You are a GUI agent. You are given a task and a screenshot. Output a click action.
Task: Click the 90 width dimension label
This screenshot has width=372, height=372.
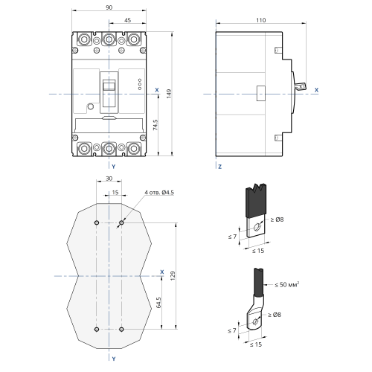point(109,7)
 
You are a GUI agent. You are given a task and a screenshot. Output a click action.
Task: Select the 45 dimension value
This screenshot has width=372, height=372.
point(127,20)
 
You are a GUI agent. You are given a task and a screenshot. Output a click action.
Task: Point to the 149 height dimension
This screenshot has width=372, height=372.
point(169,94)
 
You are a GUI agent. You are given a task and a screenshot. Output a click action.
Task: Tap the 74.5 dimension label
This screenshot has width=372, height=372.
point(155,125)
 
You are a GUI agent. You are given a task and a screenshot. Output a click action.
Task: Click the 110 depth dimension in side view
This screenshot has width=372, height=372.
point(261,20)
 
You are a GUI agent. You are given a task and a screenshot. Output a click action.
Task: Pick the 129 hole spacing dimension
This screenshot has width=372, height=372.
point(173,276)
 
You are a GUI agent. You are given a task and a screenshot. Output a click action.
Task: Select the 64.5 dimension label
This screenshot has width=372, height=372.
point(158,303)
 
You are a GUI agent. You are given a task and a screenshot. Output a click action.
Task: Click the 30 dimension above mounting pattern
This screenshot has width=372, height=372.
point(109,179)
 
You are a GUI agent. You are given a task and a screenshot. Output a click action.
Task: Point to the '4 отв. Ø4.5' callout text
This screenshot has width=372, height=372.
point(159,193)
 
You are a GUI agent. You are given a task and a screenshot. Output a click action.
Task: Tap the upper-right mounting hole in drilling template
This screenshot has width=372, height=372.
point(121,222)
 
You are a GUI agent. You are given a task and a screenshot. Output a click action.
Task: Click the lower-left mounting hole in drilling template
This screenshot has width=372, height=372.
point(97,330)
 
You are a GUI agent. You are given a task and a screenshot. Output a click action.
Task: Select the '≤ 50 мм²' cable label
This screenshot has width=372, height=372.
point(287,284)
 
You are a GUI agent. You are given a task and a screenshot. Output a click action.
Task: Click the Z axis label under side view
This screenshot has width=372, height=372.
point(219,167)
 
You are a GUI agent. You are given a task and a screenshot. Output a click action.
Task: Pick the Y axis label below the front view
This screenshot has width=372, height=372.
point(114,167)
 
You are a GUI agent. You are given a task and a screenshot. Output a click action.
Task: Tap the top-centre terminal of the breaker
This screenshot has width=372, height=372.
point(109,39)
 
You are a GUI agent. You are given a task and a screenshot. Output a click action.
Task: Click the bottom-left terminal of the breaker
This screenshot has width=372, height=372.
point(84,149)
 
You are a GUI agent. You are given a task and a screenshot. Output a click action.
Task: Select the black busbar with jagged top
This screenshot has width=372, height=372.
point(256,200)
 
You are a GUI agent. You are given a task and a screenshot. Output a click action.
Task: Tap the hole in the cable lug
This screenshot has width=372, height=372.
point(255,322)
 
